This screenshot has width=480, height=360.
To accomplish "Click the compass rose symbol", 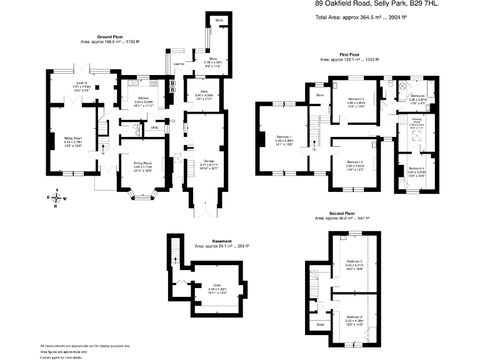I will tap(57, 198).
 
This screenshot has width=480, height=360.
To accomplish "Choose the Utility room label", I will tap(154, 127).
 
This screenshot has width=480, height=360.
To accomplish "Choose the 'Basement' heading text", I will tap(222, 241).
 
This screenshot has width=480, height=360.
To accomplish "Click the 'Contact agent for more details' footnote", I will tap(61, 357).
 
